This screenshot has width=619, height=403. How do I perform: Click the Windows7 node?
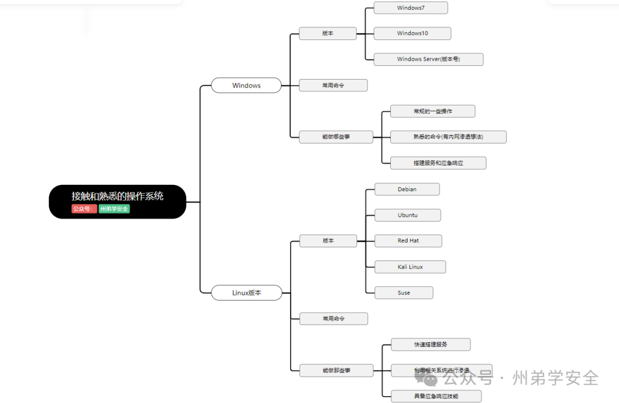click(410, 8)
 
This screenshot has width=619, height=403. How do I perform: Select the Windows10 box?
click(412, 33)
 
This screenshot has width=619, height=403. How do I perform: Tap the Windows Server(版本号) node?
click(428, 60)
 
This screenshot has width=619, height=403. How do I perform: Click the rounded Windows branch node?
click(246, 85)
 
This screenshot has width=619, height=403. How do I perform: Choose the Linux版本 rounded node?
click(246, 293)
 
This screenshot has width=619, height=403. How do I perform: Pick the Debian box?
click(407, 189)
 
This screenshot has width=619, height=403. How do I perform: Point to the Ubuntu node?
click(408, 215)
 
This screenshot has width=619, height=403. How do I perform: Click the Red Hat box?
click(408, 241)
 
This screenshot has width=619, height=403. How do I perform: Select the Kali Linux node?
click(410, 267)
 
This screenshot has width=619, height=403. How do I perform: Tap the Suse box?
click(403, 293)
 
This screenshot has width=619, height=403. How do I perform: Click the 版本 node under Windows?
click(328, 33)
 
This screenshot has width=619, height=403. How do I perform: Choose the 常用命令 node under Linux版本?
click(334, 319)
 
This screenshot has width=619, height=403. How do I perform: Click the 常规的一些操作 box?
click(433, 111)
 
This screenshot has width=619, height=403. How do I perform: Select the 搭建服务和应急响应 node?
click(438, 163)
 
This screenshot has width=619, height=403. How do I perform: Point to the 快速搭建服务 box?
click(430, 345)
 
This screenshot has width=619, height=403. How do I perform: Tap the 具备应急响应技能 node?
click(436, 396)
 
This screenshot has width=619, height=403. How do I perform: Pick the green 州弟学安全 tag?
click(114, 209)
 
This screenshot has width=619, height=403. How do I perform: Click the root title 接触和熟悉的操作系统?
click(117, 196)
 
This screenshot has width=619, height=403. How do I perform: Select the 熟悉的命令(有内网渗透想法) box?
click(448, 137)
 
